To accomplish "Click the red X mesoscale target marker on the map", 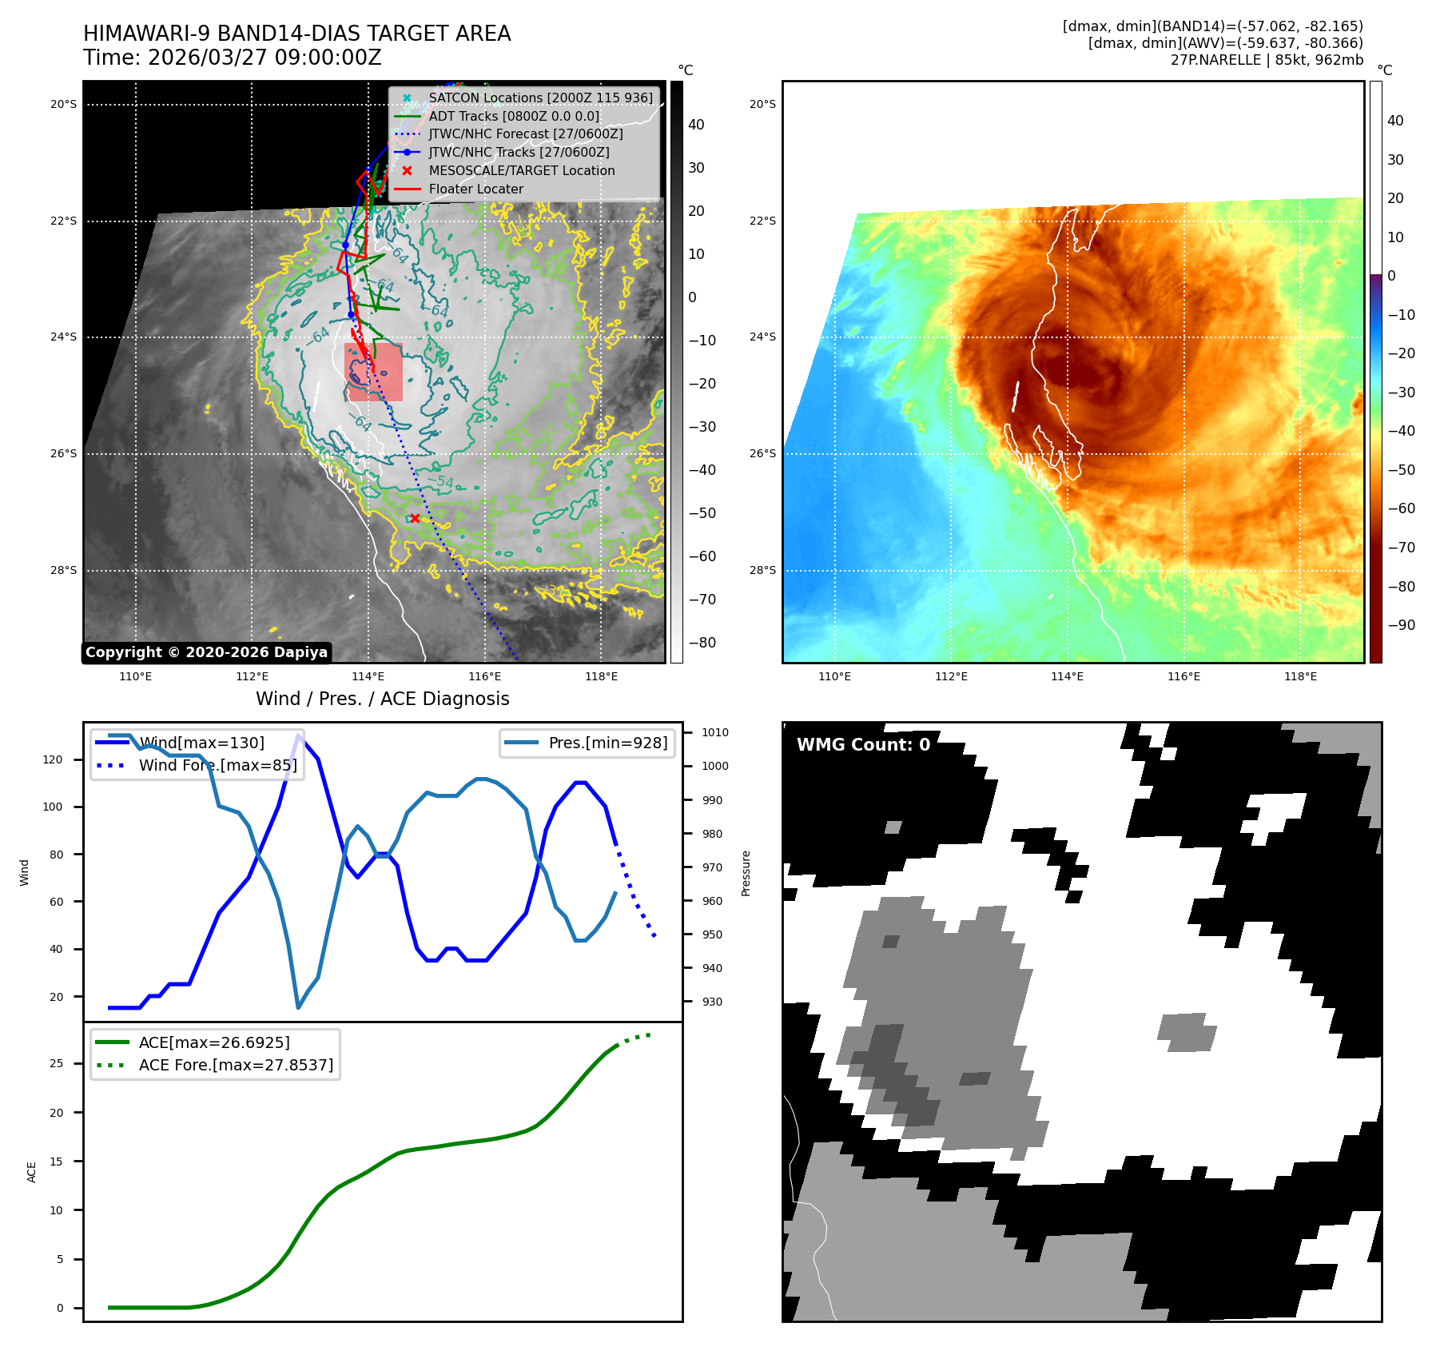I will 415,519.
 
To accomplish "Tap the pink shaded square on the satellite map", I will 373,373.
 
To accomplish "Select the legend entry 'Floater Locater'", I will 475,189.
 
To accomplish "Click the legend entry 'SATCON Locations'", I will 540,98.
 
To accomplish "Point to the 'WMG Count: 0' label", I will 863,745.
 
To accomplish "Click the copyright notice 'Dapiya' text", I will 206,652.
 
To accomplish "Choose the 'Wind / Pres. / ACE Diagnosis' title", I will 382,699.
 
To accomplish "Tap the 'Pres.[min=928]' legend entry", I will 607,743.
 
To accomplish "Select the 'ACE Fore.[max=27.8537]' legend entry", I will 236,1065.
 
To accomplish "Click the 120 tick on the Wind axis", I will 53,759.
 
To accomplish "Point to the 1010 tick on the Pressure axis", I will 714,732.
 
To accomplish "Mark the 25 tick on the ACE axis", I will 57,1063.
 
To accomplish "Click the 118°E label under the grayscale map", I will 601,677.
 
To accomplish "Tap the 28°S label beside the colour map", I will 762,570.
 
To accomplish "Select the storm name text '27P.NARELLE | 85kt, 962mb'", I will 1267,60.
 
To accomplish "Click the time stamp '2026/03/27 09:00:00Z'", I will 265,58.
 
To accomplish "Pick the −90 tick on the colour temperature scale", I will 1401,625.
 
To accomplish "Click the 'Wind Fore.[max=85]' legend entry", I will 217,765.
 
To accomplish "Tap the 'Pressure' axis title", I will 746,873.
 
